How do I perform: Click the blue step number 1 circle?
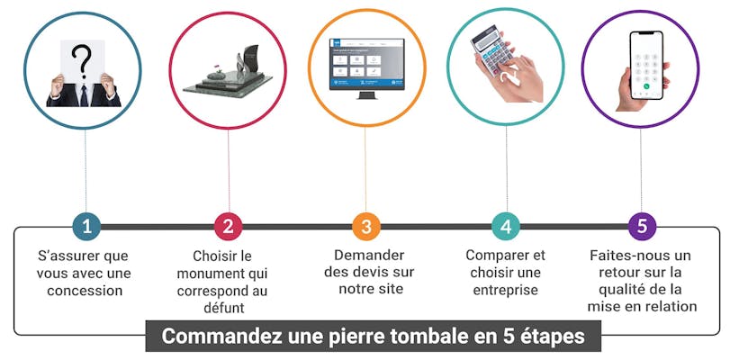(86, 227)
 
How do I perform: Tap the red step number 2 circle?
(228, 227)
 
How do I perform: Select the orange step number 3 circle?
(366, 227)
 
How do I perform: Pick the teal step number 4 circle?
(506, 227)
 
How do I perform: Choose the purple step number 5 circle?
(643, 227)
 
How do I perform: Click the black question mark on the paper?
(82, 60)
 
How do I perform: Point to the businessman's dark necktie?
(84, 95)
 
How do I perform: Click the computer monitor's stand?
(366, 94)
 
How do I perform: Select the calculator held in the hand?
(491, 49)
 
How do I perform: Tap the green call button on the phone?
(646, 86)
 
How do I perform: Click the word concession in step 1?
(85, 291)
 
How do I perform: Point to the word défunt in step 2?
(224, 308)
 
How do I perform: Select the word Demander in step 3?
(369, 256)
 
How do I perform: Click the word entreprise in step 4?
(506, 291)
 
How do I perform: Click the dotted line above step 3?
(365, 169)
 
